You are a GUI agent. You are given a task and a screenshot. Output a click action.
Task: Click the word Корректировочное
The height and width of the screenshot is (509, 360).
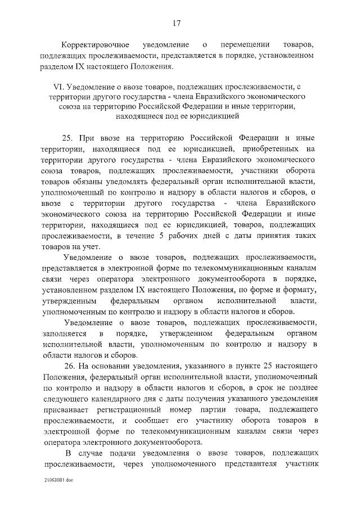96,44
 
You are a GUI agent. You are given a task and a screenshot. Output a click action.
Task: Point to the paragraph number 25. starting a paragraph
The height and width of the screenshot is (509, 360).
70,138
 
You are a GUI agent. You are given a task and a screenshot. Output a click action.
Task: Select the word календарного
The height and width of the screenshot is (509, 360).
108,399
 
